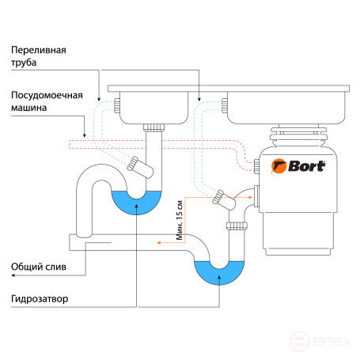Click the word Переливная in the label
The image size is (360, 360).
[x=39, y=50]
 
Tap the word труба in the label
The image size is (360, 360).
[x=24, y=63]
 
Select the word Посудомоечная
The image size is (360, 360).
[x=47, y=95]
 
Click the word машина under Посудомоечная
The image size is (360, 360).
[x=29, y=108]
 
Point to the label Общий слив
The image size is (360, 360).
[x=39, y=267]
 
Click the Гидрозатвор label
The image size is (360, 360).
[x=40, y=299]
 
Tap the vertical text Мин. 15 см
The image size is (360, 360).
[x=180, y=220]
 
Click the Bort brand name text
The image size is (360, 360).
[x=307, y=166]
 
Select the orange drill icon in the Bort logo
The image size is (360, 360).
[x=279, y=166]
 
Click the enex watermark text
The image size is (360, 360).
[x=332, y=341]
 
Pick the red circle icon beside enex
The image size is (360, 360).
[x=299, y=341]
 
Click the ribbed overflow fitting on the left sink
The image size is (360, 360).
[x=116, y=105]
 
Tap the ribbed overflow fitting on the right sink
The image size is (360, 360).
[x=225, y=105]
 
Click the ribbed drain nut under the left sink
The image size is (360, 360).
[x=154, y=127]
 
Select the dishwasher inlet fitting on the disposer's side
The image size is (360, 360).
[x=256, y=166]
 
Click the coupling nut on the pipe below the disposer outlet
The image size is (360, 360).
[x=237, y=226]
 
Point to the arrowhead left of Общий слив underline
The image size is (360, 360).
[x=13, y=275]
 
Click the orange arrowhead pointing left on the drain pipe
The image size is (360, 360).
[x=159, y=243]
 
